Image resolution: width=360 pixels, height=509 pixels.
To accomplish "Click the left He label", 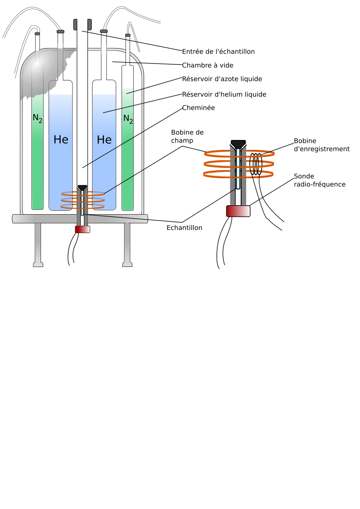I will [61, 140].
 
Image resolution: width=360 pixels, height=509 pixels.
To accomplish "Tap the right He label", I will [104, 140].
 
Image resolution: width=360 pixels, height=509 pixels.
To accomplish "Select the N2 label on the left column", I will [37, 118].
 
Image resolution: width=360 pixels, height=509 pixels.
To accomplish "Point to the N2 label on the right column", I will [128, 119].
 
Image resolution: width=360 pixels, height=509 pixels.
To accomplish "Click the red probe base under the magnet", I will [82, 229].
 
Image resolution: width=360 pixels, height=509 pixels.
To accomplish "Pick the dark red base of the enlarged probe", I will [238, 211].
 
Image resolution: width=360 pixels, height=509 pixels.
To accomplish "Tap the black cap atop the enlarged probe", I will [238, 144].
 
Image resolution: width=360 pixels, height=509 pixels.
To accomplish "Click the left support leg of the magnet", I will [38, 243].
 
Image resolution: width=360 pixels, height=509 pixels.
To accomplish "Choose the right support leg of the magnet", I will [127, 243].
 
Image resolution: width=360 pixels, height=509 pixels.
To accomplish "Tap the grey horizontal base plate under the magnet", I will [45, 219].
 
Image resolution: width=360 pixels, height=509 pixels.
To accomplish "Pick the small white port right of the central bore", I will [104, 49].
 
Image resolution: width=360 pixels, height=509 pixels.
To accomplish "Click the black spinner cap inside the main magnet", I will [82, 188].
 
